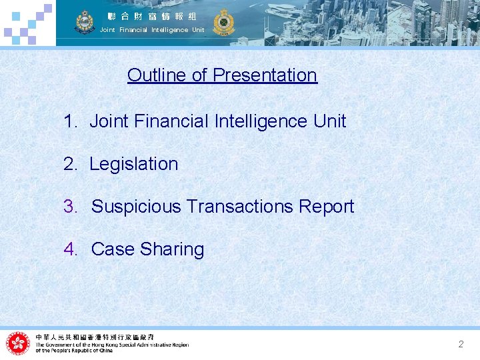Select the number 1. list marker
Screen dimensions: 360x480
point(71,121)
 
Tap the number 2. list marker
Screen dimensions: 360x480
point(71,164)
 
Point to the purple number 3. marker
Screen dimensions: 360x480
point(71,207)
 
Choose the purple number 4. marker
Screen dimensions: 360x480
point(71,249)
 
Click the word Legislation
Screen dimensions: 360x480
point(133,164)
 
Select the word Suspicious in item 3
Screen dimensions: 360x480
point(136,207)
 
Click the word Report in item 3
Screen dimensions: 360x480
point(327,207)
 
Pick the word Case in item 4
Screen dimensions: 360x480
point(113,249)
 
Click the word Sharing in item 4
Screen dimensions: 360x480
point(172,249)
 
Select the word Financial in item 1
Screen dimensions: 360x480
point(171,121)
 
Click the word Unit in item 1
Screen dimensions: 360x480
point(331,121)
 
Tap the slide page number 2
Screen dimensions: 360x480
point(461,344)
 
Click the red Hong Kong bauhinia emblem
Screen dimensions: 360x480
point(18,343)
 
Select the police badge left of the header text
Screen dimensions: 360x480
point(85,22)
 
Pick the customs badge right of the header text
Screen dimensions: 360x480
point(222,22)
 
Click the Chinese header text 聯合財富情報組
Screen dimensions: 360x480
point(152,16)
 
